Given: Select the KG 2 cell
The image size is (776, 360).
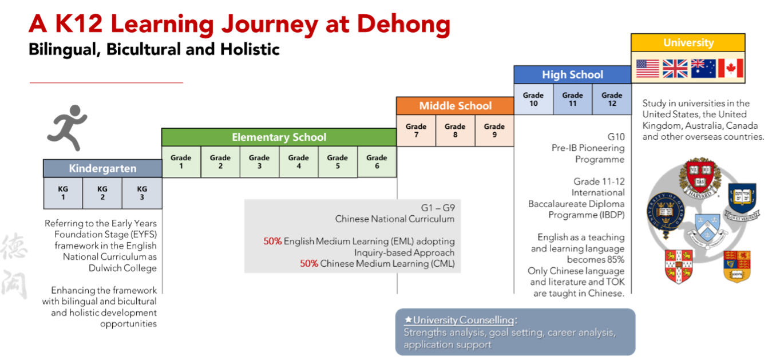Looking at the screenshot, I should tap(102, 193).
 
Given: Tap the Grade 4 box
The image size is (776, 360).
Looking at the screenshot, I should tap(298, 162).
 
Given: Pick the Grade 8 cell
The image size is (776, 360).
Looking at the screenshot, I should tap(455, 130).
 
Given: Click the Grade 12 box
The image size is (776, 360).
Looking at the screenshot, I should tap(612, 99).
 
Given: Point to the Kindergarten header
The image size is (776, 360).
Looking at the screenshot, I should tap(102, 168).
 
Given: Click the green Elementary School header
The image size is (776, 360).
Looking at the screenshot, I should tap(279, 137).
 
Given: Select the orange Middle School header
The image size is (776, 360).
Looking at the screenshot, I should tap(455, 106).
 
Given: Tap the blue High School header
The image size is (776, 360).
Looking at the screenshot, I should tap(572, 74).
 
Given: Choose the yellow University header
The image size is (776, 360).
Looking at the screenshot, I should tap(688, 43).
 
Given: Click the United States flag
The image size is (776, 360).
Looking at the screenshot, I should tap(648, 68).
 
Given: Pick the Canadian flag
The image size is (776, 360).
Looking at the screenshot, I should tap(730, 68).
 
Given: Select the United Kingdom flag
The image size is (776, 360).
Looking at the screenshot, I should tap(675, 68).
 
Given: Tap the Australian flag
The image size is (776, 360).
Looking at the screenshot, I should tap(703, 68).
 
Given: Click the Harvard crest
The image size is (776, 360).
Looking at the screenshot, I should tap(699, 178).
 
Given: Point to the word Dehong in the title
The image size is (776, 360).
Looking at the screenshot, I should tap(403, 24).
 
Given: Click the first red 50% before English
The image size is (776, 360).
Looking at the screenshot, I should tap(272, 242).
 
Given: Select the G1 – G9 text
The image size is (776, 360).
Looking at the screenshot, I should tap(437, 208).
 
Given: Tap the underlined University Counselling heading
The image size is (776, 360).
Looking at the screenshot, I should tap(464, 320).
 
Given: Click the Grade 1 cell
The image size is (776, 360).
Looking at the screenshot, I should tap(181, 162).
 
